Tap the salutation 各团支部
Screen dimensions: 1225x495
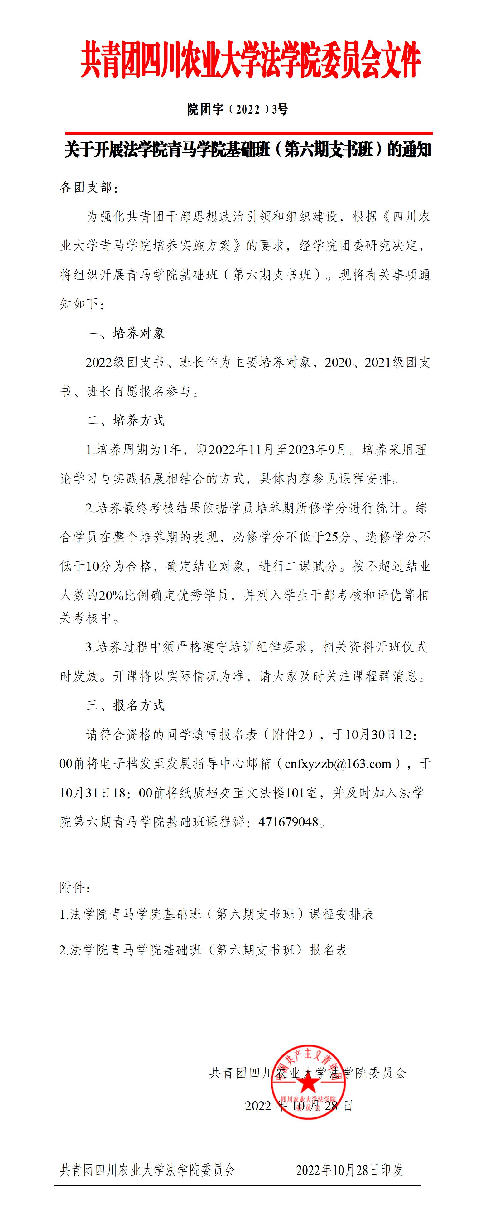click(x=89, y=187)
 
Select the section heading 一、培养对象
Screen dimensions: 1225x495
click(x=126, y=333)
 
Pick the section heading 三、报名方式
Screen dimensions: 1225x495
click(x=126, y=705)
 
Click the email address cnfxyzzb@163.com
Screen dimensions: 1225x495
click(x=338, y=764)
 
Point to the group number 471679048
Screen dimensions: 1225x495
click(x=288, y=822)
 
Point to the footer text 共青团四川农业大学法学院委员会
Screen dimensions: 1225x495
click(x=147, y=1170)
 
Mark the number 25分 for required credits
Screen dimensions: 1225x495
click(x=338, y=537)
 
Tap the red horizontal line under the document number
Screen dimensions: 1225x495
click(x=249, y=133)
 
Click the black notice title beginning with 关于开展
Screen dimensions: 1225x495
click(x=248, y=150)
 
